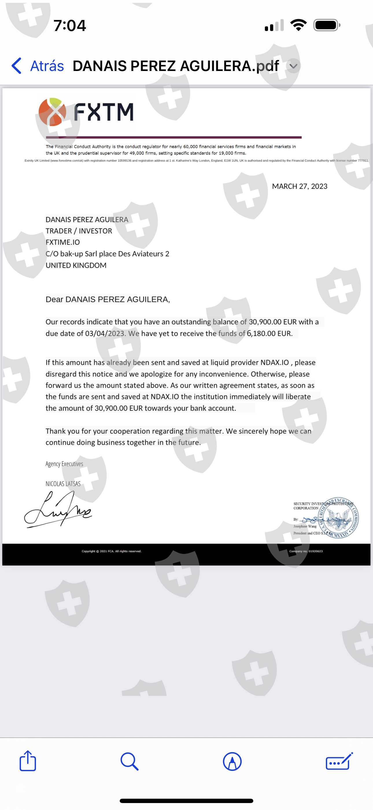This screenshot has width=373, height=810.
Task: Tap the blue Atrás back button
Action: (x=38, y=66)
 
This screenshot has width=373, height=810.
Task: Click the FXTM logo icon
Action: (x=52, y=112)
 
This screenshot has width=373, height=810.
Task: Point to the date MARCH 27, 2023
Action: (x=299, y=186)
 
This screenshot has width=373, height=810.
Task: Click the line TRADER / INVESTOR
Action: (x=78, y=231)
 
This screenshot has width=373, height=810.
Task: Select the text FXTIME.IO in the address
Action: (x=62, y=242)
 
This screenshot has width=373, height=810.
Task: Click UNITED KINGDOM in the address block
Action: (x=76, y=265)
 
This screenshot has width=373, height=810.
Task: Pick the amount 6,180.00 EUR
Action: (x=269, y=333)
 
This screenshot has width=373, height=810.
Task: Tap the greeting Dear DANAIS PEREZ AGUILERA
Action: (x=107, y=299)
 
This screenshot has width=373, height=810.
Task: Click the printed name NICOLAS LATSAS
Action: (x=63, y=484)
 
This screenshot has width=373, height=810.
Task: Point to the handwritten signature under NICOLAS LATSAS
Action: (x=58, y=509)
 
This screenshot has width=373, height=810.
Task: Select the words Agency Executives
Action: (x=64, y=464)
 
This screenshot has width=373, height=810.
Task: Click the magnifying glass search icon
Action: (x=129, y=761)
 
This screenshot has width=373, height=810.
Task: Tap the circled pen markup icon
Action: (x=232, y=761)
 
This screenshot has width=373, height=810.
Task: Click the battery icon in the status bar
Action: (x=326, y=25)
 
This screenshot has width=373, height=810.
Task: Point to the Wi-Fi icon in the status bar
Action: (x=298, y=25)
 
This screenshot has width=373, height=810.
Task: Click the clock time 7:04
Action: (x=69, y=25)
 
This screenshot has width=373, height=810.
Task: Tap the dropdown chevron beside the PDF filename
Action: (x=293, y=66)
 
